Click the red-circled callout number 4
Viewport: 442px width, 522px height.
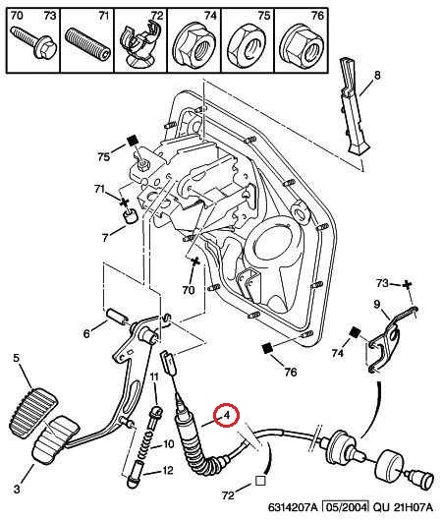227,415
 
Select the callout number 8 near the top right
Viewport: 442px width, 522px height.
377,75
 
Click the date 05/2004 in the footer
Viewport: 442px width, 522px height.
347,507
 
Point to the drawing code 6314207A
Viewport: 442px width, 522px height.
293,507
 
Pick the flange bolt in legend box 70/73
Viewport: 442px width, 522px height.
34,42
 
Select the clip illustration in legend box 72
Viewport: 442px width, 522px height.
140,43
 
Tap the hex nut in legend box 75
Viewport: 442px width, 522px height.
248,44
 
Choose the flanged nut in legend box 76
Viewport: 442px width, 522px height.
302,45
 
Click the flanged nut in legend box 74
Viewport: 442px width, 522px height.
193,44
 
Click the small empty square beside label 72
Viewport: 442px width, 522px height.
260,481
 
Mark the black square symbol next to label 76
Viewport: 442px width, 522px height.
268,349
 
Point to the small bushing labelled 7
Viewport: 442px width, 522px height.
130,215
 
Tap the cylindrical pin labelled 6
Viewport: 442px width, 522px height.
116,318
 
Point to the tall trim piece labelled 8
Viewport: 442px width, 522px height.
354,106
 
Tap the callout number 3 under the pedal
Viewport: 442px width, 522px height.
17,489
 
